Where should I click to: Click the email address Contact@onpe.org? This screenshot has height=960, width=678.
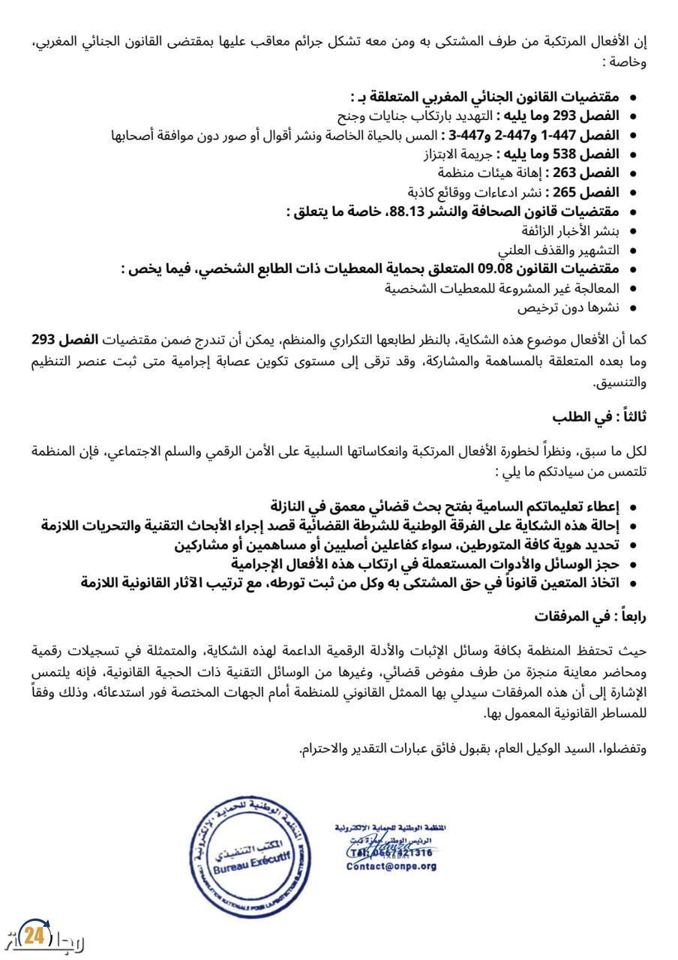(x=391, y=866)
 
